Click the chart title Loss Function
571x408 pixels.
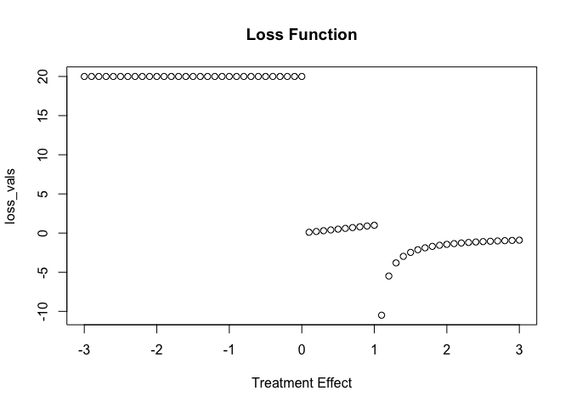click(302, 35)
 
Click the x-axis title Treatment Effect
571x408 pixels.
click(302, 382)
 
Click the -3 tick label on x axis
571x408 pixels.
click(82, 350)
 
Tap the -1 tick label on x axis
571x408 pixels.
click(228, 350)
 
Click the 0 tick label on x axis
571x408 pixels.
click(302, 350)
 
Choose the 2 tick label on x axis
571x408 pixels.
click(447, 350)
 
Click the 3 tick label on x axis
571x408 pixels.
click(519, 350)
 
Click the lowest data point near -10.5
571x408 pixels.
click(382, 315)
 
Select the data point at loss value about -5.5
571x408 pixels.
click(389, 276)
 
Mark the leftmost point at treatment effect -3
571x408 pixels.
click(84, 76)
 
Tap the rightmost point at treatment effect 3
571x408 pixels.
click(519, 241)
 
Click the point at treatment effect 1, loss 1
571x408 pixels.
click(374, 225)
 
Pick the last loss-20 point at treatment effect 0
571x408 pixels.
click(302, 76)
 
